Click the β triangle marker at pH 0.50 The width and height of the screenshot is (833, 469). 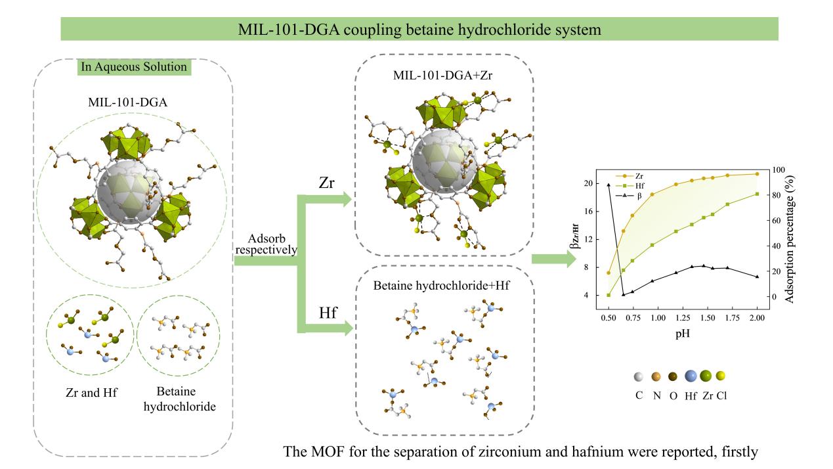609,185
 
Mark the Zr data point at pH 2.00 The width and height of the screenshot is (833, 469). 757,174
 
